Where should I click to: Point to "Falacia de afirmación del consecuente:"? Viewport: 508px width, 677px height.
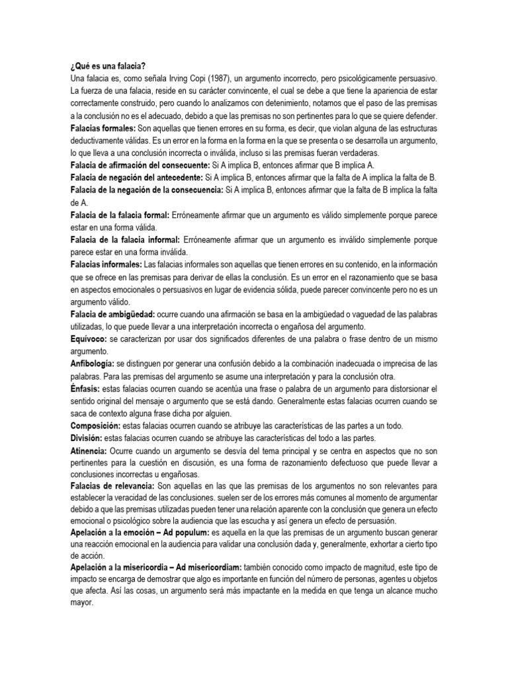(138, 165)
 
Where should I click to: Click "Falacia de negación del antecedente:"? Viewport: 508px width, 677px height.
(136, 177)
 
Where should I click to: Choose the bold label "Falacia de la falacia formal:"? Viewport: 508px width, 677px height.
(119, 215)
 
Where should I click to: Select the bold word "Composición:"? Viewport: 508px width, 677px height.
(94, 426)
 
